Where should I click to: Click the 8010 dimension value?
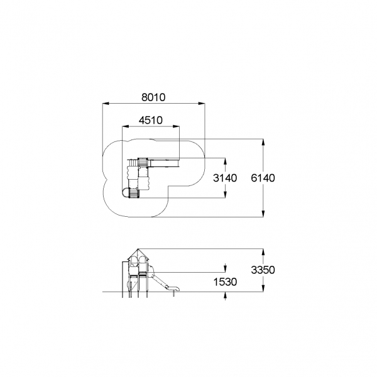click(153, 97)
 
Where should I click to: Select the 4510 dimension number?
click(151, 120)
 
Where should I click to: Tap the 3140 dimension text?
click(225, 178)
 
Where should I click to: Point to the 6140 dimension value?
click(263, 178)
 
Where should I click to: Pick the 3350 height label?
click(263, 270)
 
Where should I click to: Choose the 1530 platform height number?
click(225, 281)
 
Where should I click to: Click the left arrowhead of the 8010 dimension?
click(106, 104)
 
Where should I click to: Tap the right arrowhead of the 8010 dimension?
click(202, 104)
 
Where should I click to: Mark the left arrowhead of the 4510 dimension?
click(126, 126)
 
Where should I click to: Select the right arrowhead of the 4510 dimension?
click(176, 126)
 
